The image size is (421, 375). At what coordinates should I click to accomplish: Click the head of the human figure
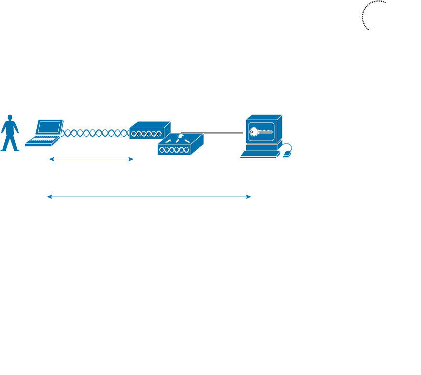pos(9,118)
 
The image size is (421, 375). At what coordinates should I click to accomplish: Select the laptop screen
pos(50,127)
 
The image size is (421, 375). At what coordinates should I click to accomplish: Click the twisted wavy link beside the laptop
pos(96,132)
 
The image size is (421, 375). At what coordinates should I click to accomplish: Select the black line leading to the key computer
pos(215,132)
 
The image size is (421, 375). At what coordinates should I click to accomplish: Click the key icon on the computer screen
pos(261,132)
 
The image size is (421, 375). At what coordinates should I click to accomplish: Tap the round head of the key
pos(253,132)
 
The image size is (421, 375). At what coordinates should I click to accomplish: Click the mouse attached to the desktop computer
pos(287,154)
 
